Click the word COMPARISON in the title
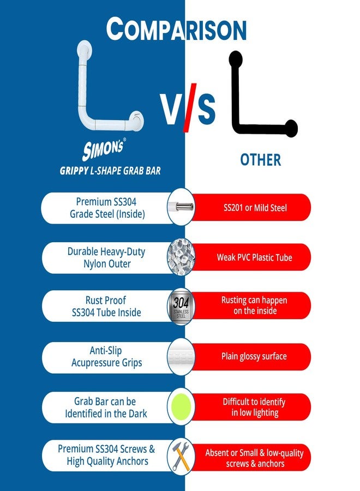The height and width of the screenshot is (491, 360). click(x=176, y=29)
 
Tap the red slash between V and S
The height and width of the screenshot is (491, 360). click(x=190, y=107)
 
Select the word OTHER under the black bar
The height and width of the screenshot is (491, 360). click(x=260, y=160)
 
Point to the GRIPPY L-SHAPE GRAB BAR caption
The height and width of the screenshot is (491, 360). click(x=110, y=171)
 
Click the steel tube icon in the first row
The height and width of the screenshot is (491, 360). click(x=181, y=207)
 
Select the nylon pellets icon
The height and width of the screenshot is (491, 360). click(x=181, y=257)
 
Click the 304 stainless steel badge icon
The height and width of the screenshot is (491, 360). click(x=181, y=306)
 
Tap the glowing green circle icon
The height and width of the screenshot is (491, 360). click(x=181, y=406)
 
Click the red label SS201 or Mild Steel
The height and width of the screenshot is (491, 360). click(x=255, y=208)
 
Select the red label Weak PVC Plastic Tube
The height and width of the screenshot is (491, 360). click(x=255, y=258)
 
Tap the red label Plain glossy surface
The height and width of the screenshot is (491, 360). click(x=254, y=356)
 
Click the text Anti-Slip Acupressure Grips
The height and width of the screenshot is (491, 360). click(x=106, y=357)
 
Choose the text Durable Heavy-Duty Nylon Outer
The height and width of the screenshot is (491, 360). click(x=106, y=258)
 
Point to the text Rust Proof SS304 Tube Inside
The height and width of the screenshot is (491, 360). click(x=106, y=306)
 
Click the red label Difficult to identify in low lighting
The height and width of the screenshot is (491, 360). click(x=254, y=407)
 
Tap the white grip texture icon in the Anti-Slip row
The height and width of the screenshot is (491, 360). click(x=181, y=356)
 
